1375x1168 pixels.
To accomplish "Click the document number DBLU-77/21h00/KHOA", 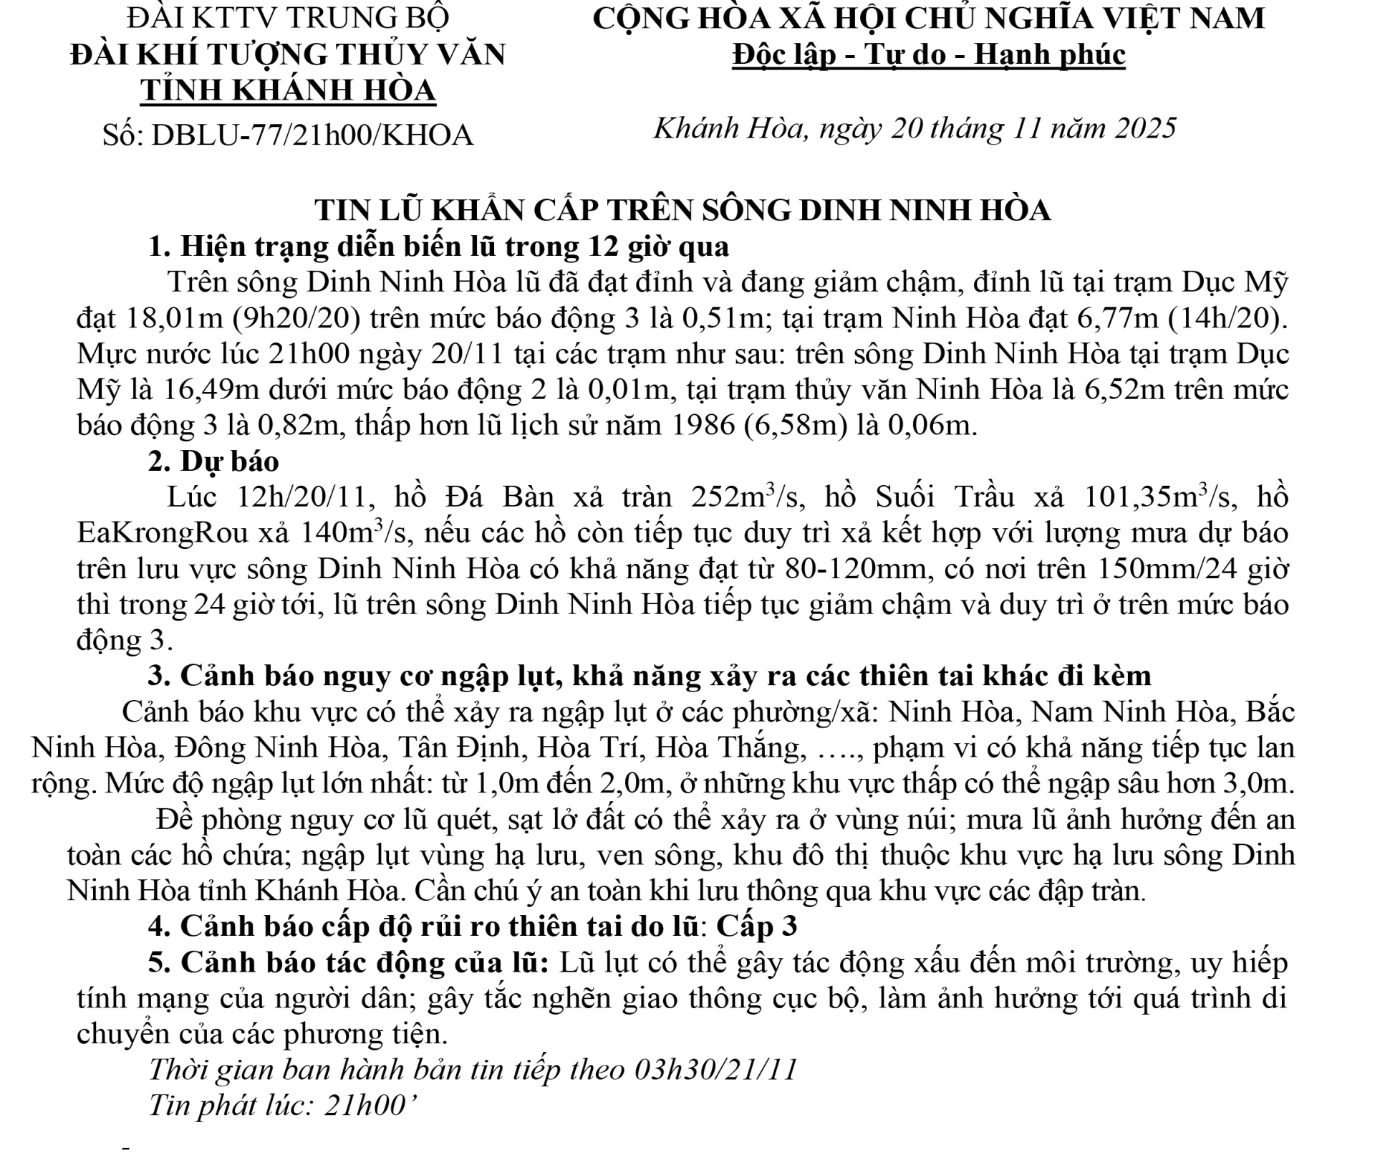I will tap(312, 135).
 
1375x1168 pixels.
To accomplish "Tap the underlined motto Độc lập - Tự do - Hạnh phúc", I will tap(928, 54).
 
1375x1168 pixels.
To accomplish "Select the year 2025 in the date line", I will tap(1145, 128).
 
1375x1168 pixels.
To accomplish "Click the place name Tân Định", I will tap(462, 748).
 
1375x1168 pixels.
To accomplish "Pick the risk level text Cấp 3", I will tap(757, 927).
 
